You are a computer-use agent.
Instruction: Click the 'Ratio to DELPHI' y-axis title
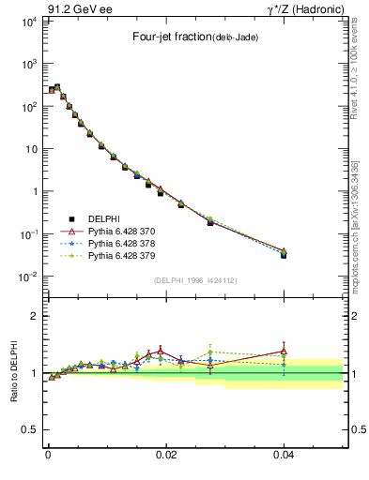pos(14,373)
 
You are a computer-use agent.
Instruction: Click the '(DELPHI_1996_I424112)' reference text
pos(194,281)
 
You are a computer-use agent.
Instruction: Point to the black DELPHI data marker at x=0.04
pos(284,254)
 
